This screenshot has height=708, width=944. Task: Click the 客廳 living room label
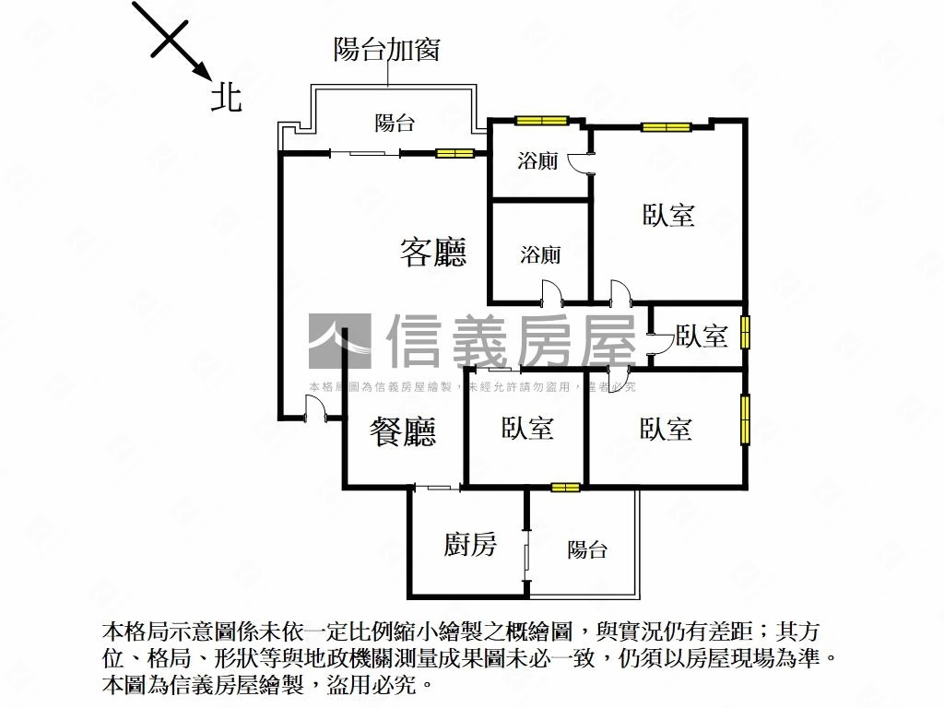coord(433,252)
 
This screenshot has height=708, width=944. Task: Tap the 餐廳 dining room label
coord(403,431)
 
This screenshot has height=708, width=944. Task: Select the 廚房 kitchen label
coord(470,545)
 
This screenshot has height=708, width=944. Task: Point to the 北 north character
coord(227,97)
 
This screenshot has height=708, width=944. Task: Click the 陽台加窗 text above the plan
coord(386,50)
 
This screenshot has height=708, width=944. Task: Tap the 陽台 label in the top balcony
coord(395,124)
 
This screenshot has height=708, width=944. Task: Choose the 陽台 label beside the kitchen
coord(587,549)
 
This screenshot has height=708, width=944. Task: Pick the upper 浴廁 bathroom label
coord(537,162)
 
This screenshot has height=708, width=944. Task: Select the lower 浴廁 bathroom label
coord(540,254)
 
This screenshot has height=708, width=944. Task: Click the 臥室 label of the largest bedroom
coord(668,216)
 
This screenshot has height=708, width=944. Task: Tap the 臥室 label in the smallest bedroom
coord(702,336)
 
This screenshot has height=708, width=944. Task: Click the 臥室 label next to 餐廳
coord(527,428)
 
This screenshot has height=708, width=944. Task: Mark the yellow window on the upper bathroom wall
coord(541,120)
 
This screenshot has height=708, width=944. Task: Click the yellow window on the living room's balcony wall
coord(454,153)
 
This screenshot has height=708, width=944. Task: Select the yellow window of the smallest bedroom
coord(745,332)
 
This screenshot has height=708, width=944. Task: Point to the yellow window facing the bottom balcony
coord(565,487)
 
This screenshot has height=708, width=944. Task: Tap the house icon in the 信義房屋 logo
coord(339,341)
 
